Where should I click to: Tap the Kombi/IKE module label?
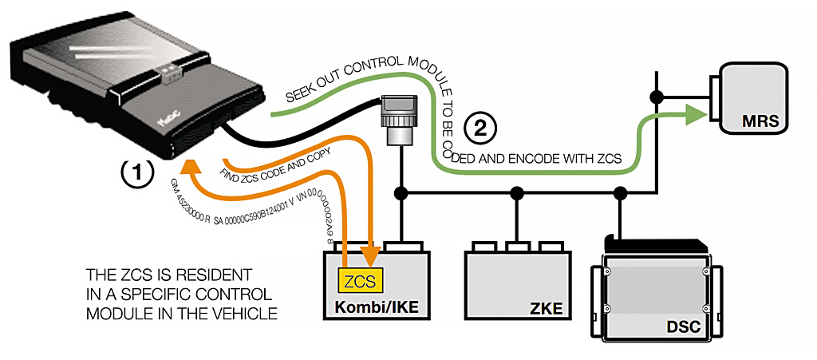click(374, 307)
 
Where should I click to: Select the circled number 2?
click(481, 126)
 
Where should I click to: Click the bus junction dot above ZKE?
click(517, 192)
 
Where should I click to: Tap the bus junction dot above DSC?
click(620, 192)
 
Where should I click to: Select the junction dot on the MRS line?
click(656, 97)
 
